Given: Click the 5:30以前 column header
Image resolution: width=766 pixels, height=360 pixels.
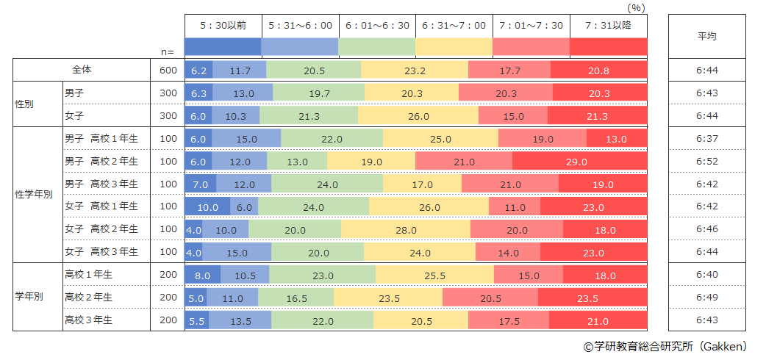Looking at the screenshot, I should pos(222,25).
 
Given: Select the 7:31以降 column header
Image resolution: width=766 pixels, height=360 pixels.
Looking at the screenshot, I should pos(608,25).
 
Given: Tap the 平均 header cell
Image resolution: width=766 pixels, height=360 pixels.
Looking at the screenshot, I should pos(706,35).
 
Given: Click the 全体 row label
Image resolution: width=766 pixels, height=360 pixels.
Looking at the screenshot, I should pos(82,70).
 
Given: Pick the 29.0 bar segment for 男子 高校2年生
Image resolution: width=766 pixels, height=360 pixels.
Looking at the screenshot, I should pos(579,162).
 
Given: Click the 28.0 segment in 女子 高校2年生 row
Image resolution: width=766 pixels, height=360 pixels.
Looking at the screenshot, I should pos(405,230).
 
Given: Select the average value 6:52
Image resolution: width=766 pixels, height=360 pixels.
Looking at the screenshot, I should pos(706,162).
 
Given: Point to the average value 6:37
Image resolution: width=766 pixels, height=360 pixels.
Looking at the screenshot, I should pos(706,139).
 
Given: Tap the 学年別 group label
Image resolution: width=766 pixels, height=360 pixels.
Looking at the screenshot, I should pos(29,298).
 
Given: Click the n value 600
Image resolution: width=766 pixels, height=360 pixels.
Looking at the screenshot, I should pos(168,71).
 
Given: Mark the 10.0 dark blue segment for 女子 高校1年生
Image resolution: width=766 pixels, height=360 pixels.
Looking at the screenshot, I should pos(207,207).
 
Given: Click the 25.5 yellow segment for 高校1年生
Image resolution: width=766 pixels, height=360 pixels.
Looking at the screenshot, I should pos(434,276).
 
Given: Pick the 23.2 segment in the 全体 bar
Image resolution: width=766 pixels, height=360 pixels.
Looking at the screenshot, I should pos(415,71).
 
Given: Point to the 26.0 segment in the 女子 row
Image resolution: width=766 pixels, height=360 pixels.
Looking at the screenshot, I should pos(418,116).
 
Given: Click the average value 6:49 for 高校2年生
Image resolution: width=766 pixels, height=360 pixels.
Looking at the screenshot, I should pos(706,298).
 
